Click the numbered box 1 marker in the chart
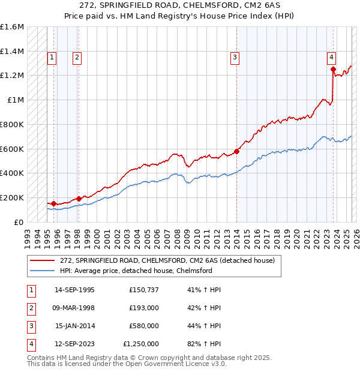tap(52, 58)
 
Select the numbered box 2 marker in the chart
tap(77, 58)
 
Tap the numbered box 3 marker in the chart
tap(235, 58)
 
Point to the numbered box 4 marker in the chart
tap(331, 58)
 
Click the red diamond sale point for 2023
tap(333, 70)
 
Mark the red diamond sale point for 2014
tap(236, 151)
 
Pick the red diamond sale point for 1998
tap(79, 199)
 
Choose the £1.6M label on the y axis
tap(12, 27)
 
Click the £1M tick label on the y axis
tap(15, 100)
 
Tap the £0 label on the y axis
tap(18, 222)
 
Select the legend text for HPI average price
tap(136, 271)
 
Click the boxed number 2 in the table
tap(30, 308)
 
